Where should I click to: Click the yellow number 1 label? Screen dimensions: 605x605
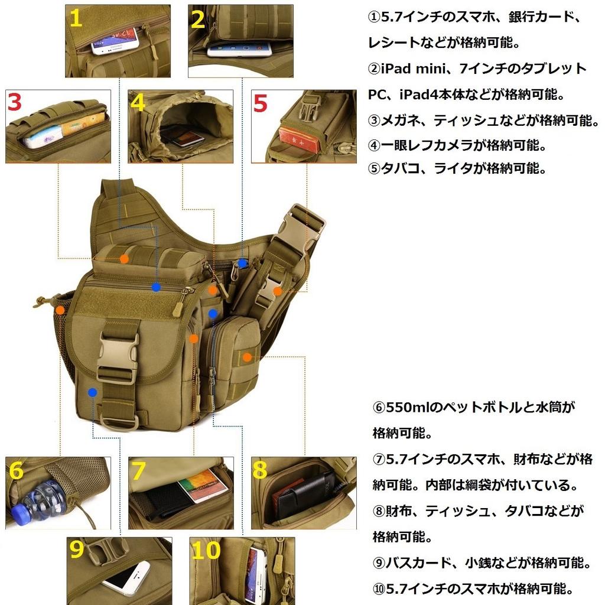point(76,19)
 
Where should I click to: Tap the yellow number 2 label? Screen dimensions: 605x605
point(199,19)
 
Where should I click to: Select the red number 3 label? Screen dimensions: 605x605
point(15,102)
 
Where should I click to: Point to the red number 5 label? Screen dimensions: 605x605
point(261,103)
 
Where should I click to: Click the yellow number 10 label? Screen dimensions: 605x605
point(206,551)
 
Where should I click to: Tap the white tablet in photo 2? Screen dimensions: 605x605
point(239,49)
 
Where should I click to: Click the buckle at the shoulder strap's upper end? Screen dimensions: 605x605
point(304,224)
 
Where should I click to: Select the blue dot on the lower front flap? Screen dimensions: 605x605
point(92,392)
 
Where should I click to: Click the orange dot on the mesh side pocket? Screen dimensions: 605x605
point(60,310)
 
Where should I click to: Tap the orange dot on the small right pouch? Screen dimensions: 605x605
point(247,357)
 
